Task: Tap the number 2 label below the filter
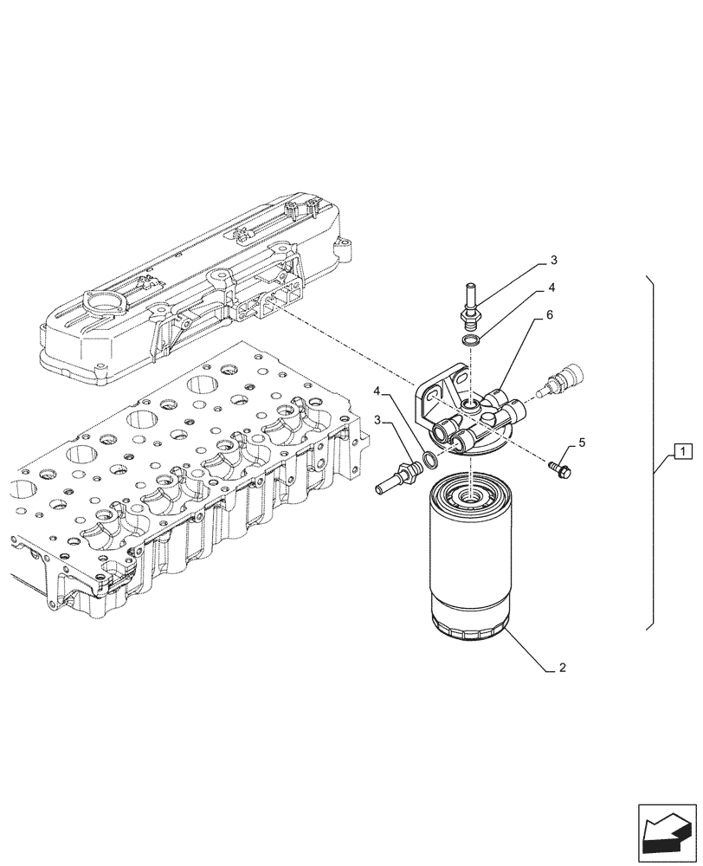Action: [563, 668]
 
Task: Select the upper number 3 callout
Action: [553, 260]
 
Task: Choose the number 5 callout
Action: [582, 443]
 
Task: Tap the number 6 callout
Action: [549, 317]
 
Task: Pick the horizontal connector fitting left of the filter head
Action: [397, 474]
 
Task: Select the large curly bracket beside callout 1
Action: [655, 450]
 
